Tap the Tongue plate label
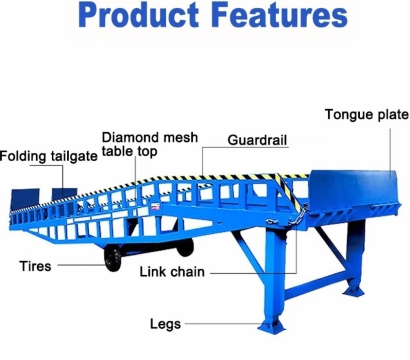(367, 115)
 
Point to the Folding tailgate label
(49, 156)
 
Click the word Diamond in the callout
(130, 137)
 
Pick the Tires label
(35, 266)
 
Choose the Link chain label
(172, 272)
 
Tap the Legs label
(166, 324)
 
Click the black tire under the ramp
(113, 259)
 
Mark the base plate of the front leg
(271, 326)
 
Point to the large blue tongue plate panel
(353, 188)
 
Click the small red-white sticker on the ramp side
(156, 207)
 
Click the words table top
(130, 151)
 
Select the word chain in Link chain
(188, 272)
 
